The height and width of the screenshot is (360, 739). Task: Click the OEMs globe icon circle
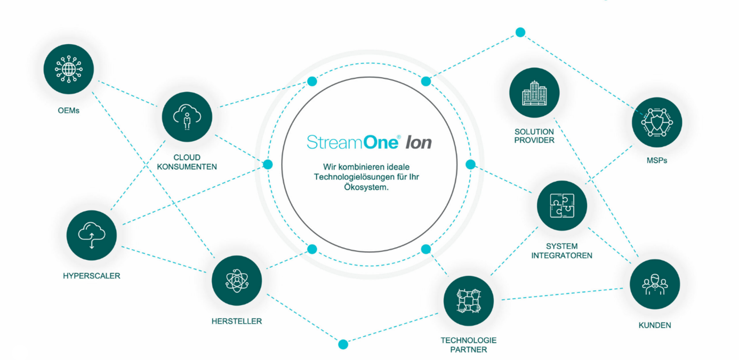point(69,69)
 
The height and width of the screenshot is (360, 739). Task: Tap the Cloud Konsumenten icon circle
point(187,117)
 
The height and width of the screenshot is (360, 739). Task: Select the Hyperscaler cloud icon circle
point(92,235)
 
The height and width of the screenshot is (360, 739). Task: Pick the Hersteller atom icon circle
point(237,281)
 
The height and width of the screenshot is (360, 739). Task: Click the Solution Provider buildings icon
point(534,93)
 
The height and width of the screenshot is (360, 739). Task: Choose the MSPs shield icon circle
point(657,122)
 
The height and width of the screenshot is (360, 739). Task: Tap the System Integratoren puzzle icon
point(562,205)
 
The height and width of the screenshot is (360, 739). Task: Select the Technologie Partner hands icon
point(469,301)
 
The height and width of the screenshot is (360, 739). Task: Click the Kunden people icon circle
point(655,284)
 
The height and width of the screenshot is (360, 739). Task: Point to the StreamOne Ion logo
point(369,142)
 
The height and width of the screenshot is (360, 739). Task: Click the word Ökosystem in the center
point(366,187)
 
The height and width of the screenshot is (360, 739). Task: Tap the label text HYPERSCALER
point(91,276)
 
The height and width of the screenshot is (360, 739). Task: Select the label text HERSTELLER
point(237,321)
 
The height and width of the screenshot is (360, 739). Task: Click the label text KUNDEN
point(655,325)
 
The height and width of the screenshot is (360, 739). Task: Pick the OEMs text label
point(69,110)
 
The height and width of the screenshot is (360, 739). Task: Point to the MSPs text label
point(657,161)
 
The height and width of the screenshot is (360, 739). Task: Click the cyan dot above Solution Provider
point(520,33)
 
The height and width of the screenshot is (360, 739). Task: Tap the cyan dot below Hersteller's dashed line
point(343,344)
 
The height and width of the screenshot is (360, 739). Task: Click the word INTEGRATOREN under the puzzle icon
point(562,255)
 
